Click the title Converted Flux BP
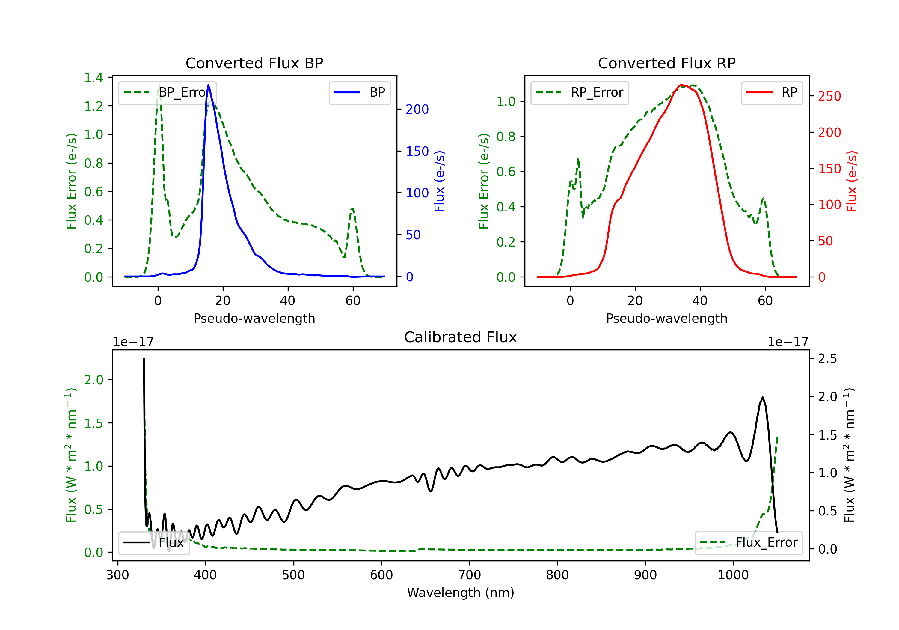[254, 63]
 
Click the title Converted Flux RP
[666, 63]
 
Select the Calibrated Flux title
[461, 337]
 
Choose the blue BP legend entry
[359, 92]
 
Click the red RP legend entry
[772, 92]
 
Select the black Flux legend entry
[153, 543]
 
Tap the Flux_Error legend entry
[749, 543]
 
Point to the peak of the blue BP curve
[208, 85]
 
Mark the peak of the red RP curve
[682, 85]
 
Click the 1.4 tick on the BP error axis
[93, 78]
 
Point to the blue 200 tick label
[417, 109]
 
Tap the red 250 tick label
[829, 96]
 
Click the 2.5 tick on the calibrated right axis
[827, 359]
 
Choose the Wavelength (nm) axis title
[461, 593]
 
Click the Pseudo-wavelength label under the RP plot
[666, 319]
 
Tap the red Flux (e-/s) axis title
[852, 181]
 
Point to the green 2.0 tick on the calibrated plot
[93, 380]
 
